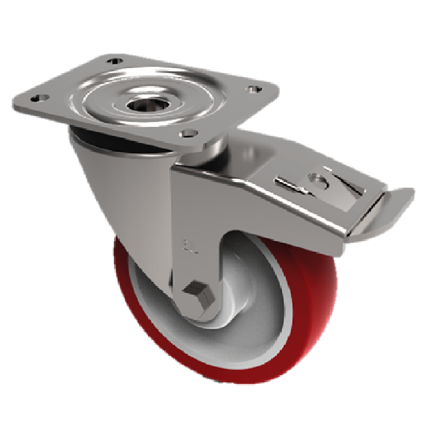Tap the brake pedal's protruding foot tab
398,200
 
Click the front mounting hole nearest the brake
187,133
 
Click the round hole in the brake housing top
317,179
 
